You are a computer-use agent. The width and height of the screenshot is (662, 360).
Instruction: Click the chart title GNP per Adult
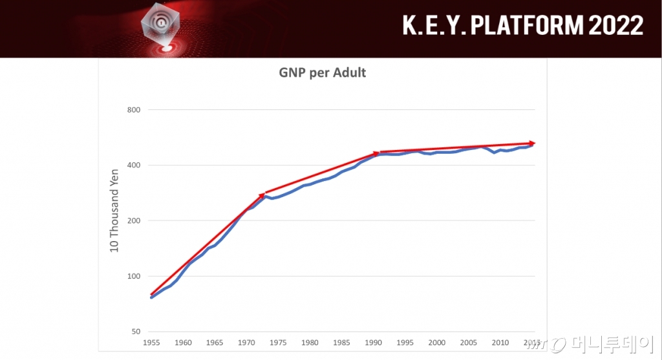[322, 72]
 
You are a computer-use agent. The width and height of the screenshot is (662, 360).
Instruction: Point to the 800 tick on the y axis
[133, 110]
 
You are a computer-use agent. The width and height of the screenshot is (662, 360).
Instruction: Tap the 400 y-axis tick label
[133, 165]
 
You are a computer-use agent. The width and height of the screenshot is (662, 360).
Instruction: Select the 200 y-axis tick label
[133, 221]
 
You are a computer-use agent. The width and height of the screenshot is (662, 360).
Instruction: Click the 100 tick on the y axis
[133, 277]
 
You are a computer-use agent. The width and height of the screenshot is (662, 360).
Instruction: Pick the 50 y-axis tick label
[135, 332]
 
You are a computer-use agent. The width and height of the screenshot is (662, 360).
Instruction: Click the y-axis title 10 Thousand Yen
[115, 211]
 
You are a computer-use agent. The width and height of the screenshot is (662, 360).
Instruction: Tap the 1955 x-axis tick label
[151, 343]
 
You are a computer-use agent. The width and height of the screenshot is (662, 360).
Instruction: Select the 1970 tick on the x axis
[246, 343]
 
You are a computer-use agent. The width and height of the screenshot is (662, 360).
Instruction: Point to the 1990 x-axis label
[374, 343]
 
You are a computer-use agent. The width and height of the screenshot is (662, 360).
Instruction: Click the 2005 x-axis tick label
[469, 343]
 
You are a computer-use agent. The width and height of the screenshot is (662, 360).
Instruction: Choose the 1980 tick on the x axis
[310, 343]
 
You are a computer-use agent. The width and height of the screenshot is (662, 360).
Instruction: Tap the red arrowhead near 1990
[377, 153]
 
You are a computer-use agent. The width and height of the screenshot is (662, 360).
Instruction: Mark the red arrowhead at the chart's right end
[532, 143]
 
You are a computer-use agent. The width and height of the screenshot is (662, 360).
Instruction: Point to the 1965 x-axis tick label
[215, 343]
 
